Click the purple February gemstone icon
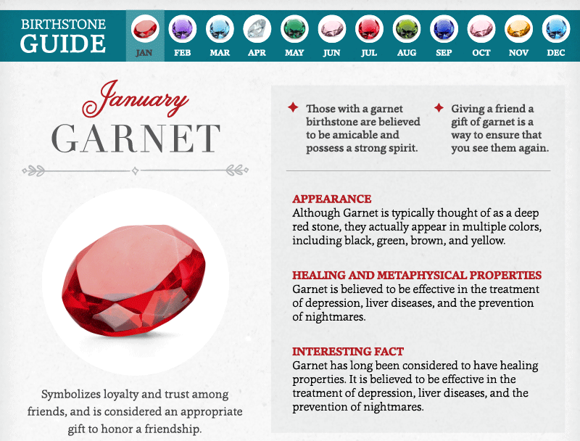click(x=183, y=28)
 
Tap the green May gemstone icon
click(x=294, y=28)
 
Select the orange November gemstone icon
click(x=518, y=28)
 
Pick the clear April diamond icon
click(x=257, y=28)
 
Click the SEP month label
click(x=444, y=52)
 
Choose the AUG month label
click(x=407, y=52)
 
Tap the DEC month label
click(x=555, y=52)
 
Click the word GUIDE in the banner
click(x=63, y=44)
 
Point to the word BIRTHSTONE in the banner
click(x=63, y=24)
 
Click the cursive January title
click(x=135, y=99)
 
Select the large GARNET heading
click(x=136, y=139)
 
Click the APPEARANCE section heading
click(x=332, y=199)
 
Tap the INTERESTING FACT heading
click(x=348, y=352)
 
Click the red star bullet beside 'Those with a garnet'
click(x=293, y=107)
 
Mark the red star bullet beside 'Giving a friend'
click(x=439, y=107)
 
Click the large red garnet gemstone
click(x=134, y=281)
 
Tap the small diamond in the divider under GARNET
click(x=136, y=170)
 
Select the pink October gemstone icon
click(x=481, y=28)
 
